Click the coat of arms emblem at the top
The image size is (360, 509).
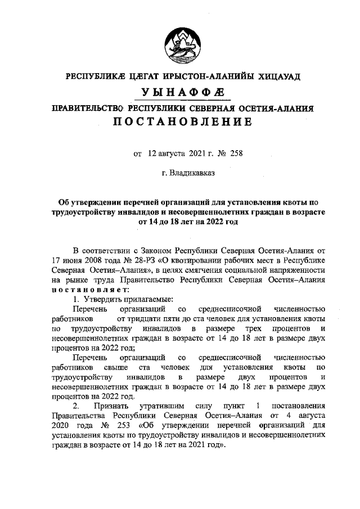[180, 46]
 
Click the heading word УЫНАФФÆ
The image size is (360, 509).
[180, 93]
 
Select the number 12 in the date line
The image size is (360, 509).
[152, 152]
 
